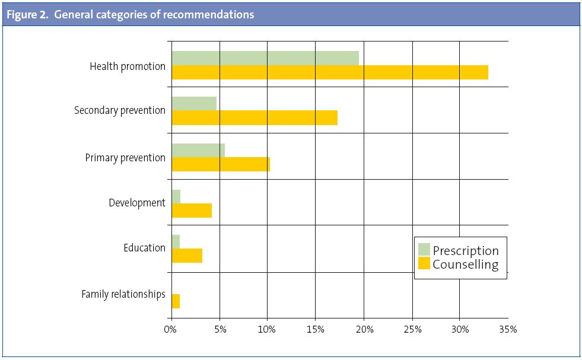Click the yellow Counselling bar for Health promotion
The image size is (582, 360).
click(x=330, y=72)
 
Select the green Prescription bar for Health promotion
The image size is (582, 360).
click(x=265, y=58)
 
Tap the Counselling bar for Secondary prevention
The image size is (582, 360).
click(x=255, y=117)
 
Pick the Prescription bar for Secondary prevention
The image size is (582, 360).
click(x=194, y=103)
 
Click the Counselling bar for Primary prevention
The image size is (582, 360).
click(x=221, y=164)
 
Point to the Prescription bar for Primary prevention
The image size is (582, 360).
click(x=198, y=151)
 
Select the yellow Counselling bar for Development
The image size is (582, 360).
click(x=192, y=210)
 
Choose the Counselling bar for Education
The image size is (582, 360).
click(x=187, y=256)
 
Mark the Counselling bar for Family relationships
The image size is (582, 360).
click(x=176, y=301)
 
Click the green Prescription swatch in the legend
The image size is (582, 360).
click(x=424, y=249)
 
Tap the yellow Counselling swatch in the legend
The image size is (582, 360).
click(x=424, y=263)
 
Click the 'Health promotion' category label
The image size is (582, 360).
click(x=128, y=66)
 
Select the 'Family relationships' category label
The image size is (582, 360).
click(x=123, y=294)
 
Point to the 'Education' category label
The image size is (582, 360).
click(x=144, y=248)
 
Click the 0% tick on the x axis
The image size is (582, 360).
click(x=171, y=330)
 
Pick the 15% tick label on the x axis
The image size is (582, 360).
click(x=315, y=330)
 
